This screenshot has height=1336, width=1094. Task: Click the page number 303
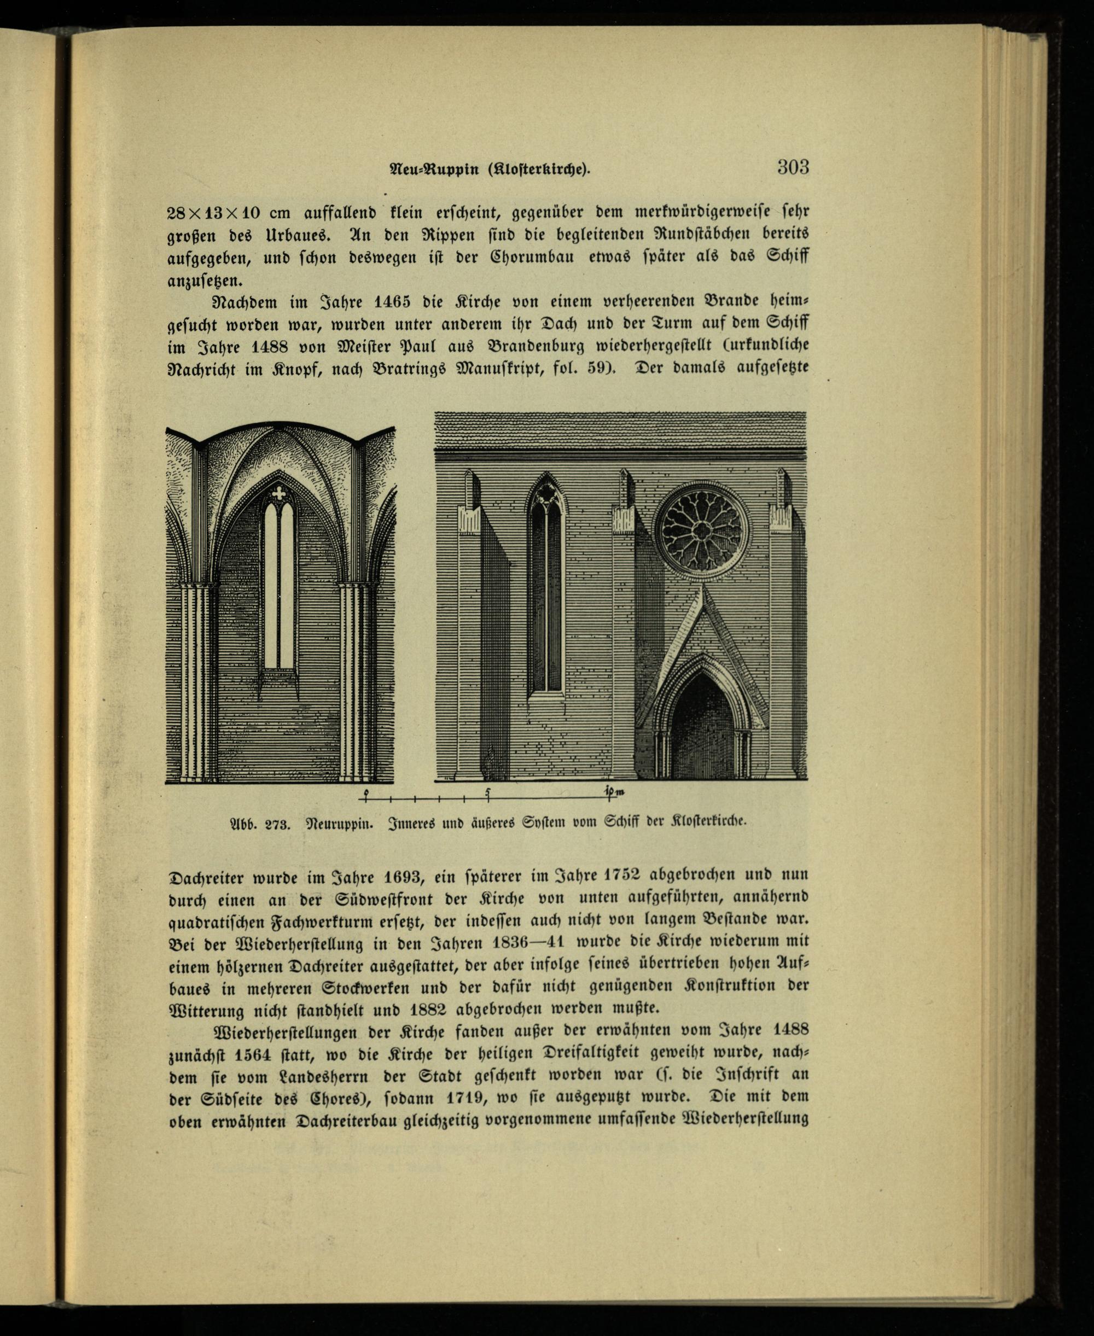[793, 167]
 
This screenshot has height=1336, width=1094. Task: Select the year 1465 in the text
[392, 302]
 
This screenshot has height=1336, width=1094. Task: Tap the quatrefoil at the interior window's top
[278, 493]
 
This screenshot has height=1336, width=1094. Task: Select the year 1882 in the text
[428, 1009]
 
